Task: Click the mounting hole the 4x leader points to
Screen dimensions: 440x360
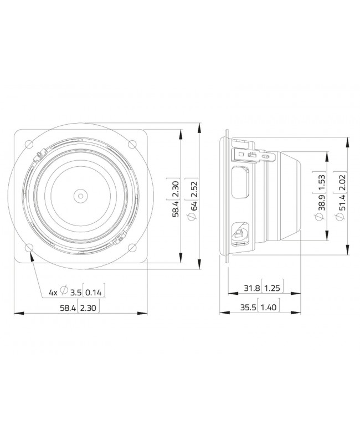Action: pyautogui.click(x=29, y=248)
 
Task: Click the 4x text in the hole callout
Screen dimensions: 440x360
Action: pyautogui.click(x=53, y=291)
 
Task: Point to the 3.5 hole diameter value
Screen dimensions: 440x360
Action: pyautogui.click(x=76, y=291)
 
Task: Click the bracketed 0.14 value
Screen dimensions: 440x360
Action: pyautogui.click(x=95, y=291)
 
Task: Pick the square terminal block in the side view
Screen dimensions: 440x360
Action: pyautogui.click(x=241, y=233)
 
